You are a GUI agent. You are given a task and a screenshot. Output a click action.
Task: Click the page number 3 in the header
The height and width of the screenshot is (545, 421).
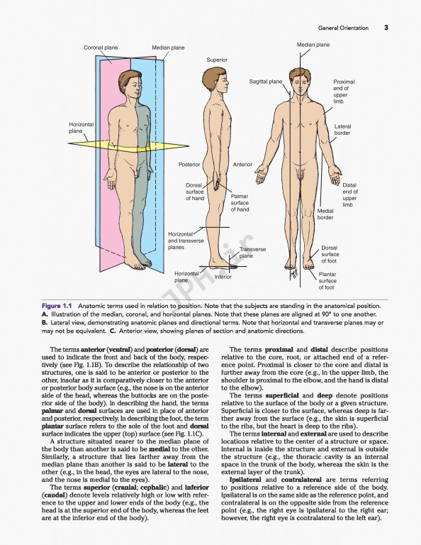386,28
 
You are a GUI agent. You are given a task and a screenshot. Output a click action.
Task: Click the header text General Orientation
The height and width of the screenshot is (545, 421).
343,28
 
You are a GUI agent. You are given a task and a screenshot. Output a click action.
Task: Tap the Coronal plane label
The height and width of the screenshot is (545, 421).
101,48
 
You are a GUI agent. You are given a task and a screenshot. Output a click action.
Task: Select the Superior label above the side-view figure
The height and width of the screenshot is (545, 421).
217,60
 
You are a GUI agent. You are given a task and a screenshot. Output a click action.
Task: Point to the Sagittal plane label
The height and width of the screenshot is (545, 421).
265,82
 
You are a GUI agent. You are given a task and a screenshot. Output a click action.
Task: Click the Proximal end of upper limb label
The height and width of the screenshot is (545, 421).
344,92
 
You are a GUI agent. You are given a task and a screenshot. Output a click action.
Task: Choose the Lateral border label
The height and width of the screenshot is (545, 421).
342,130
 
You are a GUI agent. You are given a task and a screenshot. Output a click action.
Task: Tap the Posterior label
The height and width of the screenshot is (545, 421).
189,165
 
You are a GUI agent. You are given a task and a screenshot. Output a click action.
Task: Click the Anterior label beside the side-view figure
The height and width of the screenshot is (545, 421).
242,165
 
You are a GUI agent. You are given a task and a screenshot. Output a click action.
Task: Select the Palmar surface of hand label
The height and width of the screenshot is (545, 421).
240,202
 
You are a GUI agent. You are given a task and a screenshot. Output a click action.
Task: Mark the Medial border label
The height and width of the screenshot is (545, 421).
325,214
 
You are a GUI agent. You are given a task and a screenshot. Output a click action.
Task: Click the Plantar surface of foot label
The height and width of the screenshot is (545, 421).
327,280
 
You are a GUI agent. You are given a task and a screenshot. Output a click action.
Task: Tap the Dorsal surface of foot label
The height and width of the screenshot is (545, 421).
330,254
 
